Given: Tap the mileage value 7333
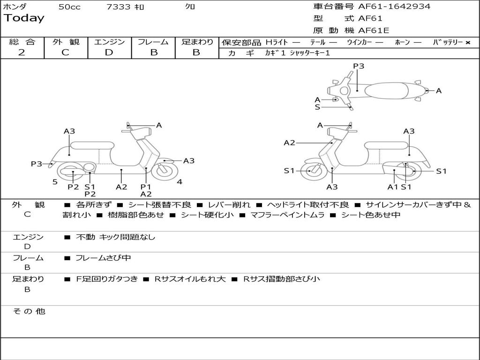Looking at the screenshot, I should point(118,7).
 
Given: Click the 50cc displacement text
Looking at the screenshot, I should point(69,7).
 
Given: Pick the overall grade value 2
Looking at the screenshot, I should point(22,52).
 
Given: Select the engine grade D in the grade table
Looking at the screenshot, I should point(109,52).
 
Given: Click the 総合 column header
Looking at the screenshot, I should point(22,42).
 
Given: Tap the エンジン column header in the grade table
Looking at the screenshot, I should point(109,42).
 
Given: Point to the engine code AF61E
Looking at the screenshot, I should point(374,30).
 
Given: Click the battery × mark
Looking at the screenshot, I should point(467,43).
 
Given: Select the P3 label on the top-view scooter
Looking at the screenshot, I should point(359,66).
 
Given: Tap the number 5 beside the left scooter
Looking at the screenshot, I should point(55,182).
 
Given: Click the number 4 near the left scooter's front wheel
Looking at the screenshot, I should point(180,182).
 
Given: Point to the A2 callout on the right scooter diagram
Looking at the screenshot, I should point(289,143).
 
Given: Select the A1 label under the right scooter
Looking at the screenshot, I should point(392,187).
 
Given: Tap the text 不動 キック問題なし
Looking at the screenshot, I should point(115,237).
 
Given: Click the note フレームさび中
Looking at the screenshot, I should point(103,258).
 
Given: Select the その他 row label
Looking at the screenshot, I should point(29,311).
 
